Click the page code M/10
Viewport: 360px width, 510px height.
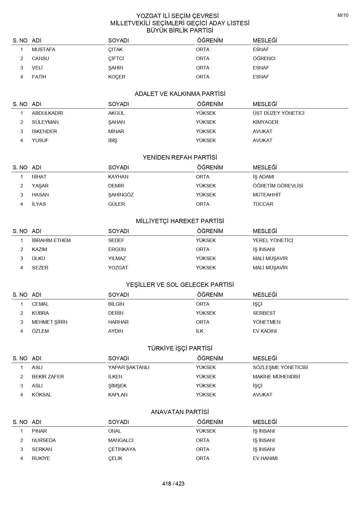pyautogui.click(x=343, y=15)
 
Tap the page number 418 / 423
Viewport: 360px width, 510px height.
pyautogui.click(x=173, y=484)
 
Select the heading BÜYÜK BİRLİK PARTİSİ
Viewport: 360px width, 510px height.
pyautogui.click(x=180, y=31)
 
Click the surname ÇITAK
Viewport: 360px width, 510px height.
pyautogui.click(x=116, y=49)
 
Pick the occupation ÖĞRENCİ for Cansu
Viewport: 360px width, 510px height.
pyautogui.click(x=264, y=58)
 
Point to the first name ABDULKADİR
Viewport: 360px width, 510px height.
pyautogui.click(x=47, y=113)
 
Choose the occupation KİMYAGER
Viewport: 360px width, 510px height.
pyautogui.click(x=265, y=122)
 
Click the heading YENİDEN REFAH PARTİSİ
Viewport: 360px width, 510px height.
pyautogui.click(x=180, y=158)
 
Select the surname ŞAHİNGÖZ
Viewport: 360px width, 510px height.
pyautogui.click(x=121, y=195)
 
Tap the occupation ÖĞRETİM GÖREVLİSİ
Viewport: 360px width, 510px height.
pyautogui.click(x=278, y=186)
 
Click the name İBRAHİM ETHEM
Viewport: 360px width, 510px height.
pyautogui.click(x=51, y=240)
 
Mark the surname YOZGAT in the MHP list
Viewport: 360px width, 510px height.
pyautogui.click(x=118, y=268)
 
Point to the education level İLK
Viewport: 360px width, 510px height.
pyautogui.click(x=200, y=331)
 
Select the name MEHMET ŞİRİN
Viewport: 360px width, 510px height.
pyautogui.click(x=50, y=322)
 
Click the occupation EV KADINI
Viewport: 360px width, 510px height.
pyautogui.click(x=265, y=331)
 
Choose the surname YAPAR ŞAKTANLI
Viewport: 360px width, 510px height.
pyautogui.click(x=129, y=367)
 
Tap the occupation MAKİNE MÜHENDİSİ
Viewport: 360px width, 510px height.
pyautogui.click(x=276, y=377)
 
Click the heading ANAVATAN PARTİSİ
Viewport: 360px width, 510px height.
pyautogui.click(x=180, y=412)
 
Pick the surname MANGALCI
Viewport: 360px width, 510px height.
pyautogui.click(x=121, y=440)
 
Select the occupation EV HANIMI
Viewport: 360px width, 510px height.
pyautogui.click(x=265, y=458)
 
